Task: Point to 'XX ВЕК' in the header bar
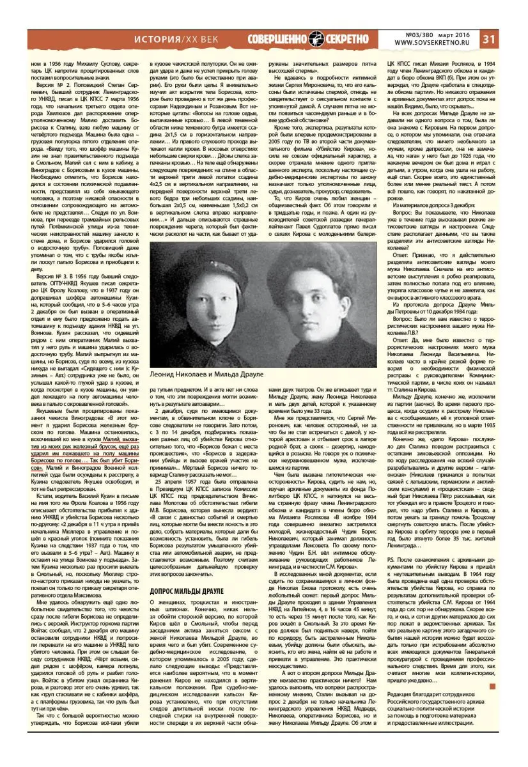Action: pos(206,39)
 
